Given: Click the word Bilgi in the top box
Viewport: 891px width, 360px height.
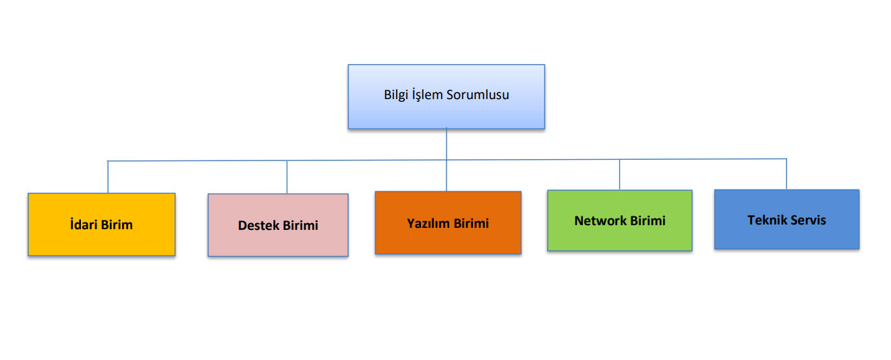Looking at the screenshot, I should tap(397, 95).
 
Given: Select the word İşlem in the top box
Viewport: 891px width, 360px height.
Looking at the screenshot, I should tap(428, 95).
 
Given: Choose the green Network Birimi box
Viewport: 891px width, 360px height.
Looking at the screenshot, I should tap(619, 238).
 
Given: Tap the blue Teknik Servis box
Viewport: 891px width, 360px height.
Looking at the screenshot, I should tap(786, 237).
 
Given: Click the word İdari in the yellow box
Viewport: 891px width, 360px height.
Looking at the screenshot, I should tap(84, 224).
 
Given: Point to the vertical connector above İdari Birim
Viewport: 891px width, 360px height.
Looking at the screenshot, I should tap(108, 177).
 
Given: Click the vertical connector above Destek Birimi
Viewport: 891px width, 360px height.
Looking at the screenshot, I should tap(287, 177).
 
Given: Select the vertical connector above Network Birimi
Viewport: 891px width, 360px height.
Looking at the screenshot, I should tap(620, 175).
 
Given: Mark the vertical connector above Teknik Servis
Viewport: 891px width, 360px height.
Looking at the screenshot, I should tap(786, 174).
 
